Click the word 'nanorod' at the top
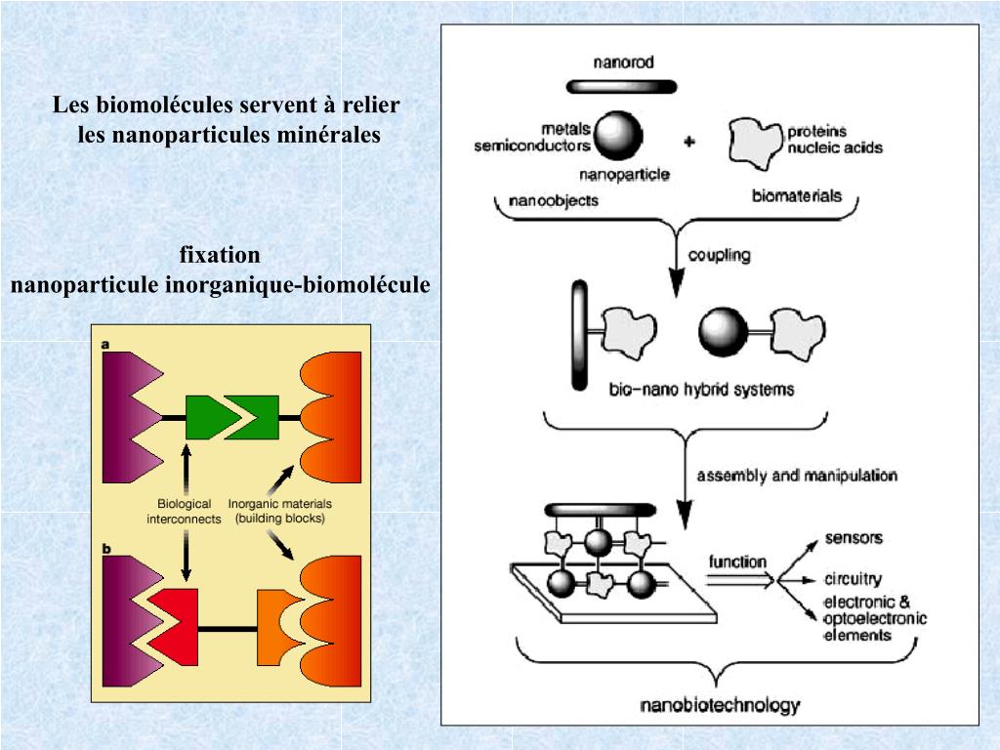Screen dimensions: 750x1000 [x=623, y=62]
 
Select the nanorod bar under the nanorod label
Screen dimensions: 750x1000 [x=623, y=86]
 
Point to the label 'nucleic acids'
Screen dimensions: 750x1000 [x=835, y=147]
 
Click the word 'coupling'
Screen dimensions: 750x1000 [x=719, y=256]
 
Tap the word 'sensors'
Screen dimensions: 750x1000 [x=854, y=538]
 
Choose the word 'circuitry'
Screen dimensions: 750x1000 [x=853, y=579]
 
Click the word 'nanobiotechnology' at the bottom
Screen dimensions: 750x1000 [x=719, y=705]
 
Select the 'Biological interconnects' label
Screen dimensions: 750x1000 [x=185, y=512]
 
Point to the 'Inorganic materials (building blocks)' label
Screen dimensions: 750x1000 [x=280, y=511]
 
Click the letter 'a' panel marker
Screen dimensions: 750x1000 [x=105, y=345]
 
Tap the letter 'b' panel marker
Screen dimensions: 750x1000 [x=105, y=549]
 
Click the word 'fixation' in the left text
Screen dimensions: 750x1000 [x=220, y=256]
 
